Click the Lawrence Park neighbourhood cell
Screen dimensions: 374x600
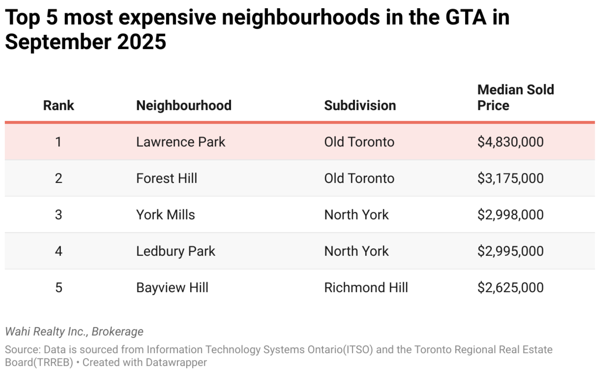pyautogui.click(x=180, y=142)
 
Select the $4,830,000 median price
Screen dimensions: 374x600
pyautogui.click(x=510, y=142)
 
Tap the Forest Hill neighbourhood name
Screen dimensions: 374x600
pyautogui.click(x=166, y=178)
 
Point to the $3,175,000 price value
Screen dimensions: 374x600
pyautogui.click(x=510, y=178)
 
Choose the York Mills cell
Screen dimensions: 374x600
pyautogui.click(x=165, y=215)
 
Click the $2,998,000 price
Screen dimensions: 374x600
pyautogui.click(x=510, y=215)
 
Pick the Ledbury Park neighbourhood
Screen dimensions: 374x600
pyautogui.click(x=175, y=251)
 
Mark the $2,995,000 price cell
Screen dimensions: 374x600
pyautogui.click(x=510, y=251)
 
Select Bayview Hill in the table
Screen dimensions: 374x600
pyautogui.click(x=172, y=288)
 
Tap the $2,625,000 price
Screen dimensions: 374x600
pyautogui.click(x=510, y=288)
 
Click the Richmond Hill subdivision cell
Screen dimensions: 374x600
pyautogui.click(x=366, y=288)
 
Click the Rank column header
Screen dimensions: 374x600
pyautogui.click(x=59, y=106)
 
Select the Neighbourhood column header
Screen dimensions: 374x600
pyautogui.click(x=184, y=106)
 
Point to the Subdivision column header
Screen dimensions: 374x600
pyautogui.click(x=360, y=106)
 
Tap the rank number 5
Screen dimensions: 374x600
pyautogui.click(x=59, y=288)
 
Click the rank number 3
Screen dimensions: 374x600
pyautogui.click(x=59, y=215)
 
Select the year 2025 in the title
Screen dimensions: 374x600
pyautogui.click(x=142, y=42)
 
